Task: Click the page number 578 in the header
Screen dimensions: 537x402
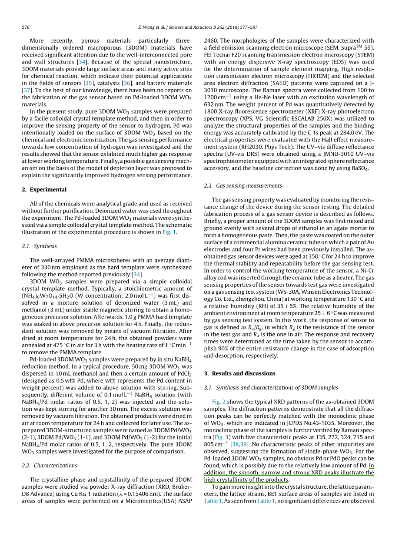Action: [x=26, y=27]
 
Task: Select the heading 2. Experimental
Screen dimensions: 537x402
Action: [x=44, y=190]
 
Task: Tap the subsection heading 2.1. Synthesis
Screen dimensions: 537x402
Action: [x=39, y=246]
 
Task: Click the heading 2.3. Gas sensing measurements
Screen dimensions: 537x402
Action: [x=243, y=186]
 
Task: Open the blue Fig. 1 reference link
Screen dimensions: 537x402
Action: [x=169, y=232]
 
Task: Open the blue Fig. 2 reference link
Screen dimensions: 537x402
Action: [x=219, y=402]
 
